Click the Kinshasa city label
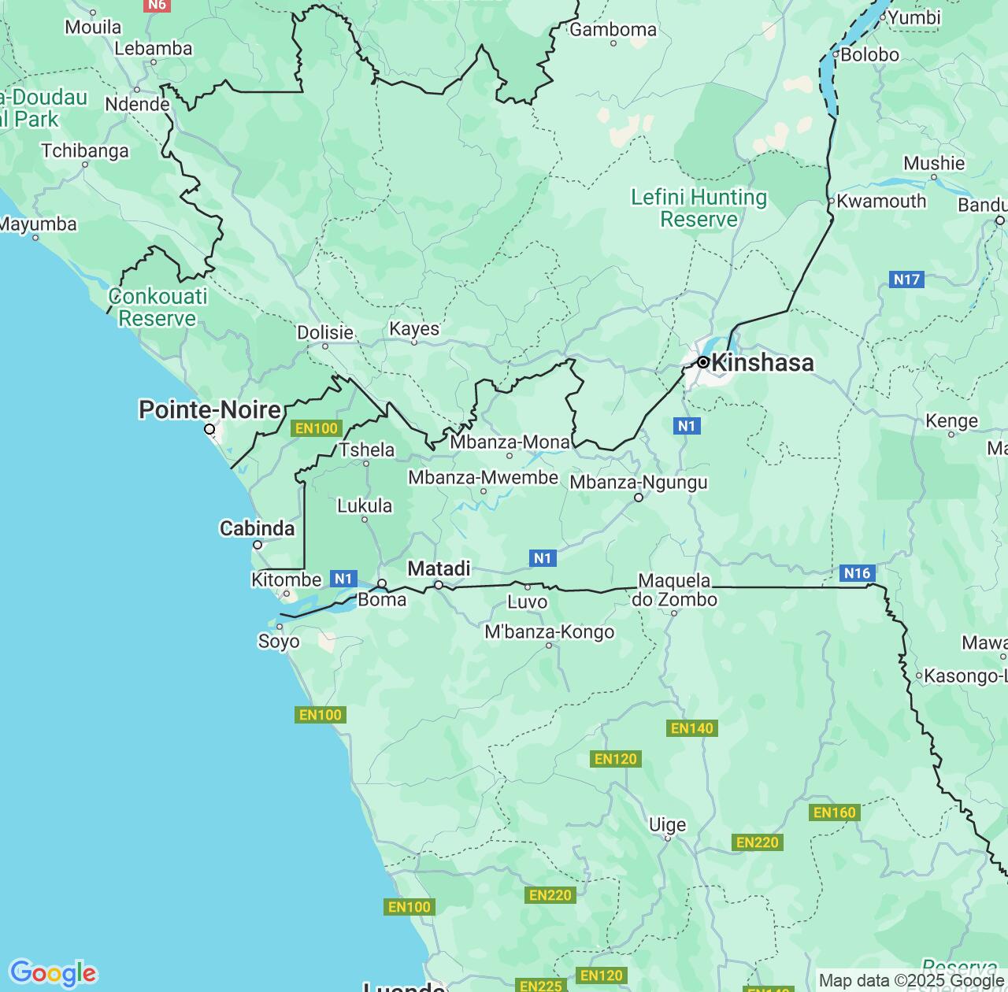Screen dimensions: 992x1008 (762, 363)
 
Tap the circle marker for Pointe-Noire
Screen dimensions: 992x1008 (209, 429)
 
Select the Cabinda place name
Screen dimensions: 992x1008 (257, 528)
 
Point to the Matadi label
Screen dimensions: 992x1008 (439, 568)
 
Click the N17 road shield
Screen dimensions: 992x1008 (906, 279)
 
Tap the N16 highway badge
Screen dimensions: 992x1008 (856, 573)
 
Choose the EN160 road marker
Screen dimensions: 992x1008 (834, 812)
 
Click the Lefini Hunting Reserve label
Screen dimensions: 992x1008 (699, 208)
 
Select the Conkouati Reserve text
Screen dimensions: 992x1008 (157, 307)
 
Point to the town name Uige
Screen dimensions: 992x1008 (667, 824)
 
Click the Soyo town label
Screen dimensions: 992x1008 (279, 642)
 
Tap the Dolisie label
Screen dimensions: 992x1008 (324, 332)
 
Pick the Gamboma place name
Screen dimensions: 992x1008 (613, 30)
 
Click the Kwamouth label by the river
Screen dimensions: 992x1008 (881, 202)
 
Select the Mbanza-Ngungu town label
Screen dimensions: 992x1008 (638, 482)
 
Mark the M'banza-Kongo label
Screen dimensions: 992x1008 (549, 631)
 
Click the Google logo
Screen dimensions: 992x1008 (53, 973)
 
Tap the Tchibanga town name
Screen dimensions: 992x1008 (85, 150)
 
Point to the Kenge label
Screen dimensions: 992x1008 (951, 420)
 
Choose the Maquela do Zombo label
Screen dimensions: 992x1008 (674, 590)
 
